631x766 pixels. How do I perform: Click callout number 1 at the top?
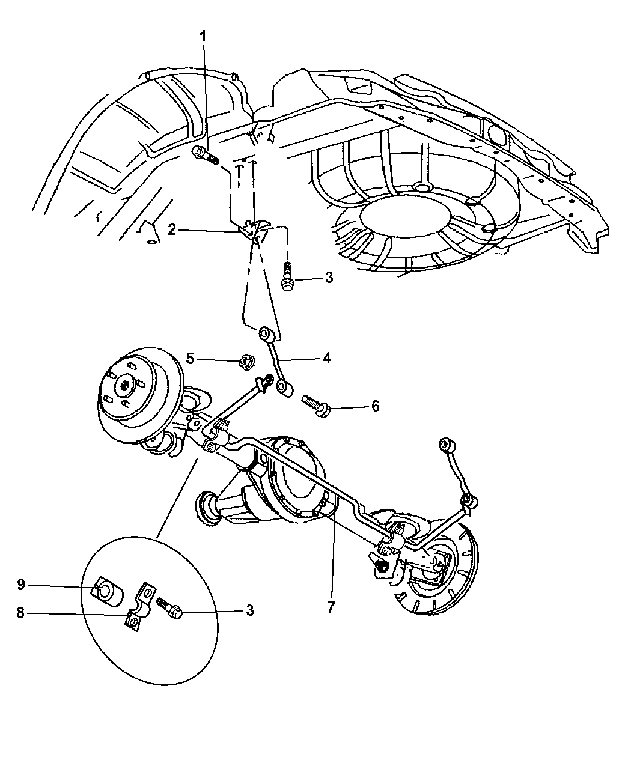point(203,37)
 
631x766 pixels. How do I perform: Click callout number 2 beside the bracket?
point(172,229)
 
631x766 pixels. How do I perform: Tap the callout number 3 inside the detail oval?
point(249,611)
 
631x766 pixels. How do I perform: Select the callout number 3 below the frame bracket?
point(329,278)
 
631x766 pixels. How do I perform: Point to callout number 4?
point(327,359)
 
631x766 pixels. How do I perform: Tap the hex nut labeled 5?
point(245,362)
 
